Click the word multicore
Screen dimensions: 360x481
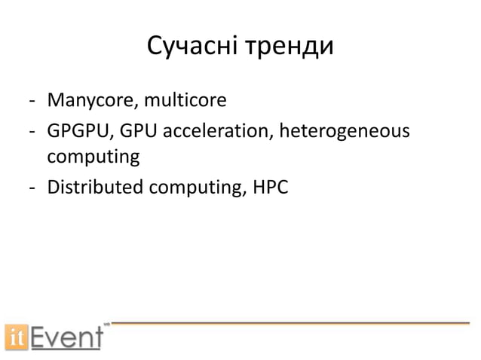click(x=177, y=100)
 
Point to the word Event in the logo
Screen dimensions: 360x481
click(x=66, y=336)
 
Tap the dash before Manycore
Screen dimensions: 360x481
click(x=32, y=101)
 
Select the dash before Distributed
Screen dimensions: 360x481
click(x=32, y=188)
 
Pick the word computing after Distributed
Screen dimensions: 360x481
click(x=198, y=188)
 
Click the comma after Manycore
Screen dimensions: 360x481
click(x=133, y=105)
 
